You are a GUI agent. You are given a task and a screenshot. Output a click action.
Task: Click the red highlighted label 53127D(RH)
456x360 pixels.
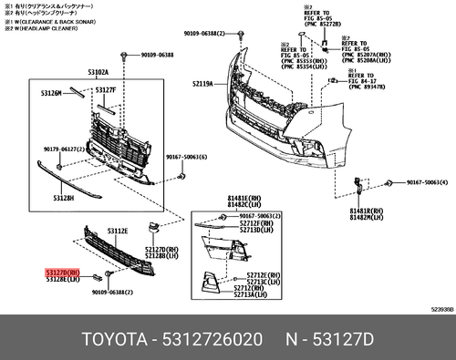(x=63, y=272)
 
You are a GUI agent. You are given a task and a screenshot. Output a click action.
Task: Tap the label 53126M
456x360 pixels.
(x=51, y=92)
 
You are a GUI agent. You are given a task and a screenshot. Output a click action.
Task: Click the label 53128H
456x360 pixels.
(x=63, y=198)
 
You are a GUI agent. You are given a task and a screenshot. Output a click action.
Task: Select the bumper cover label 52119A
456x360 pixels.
(x=202, y=84)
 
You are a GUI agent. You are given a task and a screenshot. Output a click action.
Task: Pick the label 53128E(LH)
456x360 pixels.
(x=63, y=279)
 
